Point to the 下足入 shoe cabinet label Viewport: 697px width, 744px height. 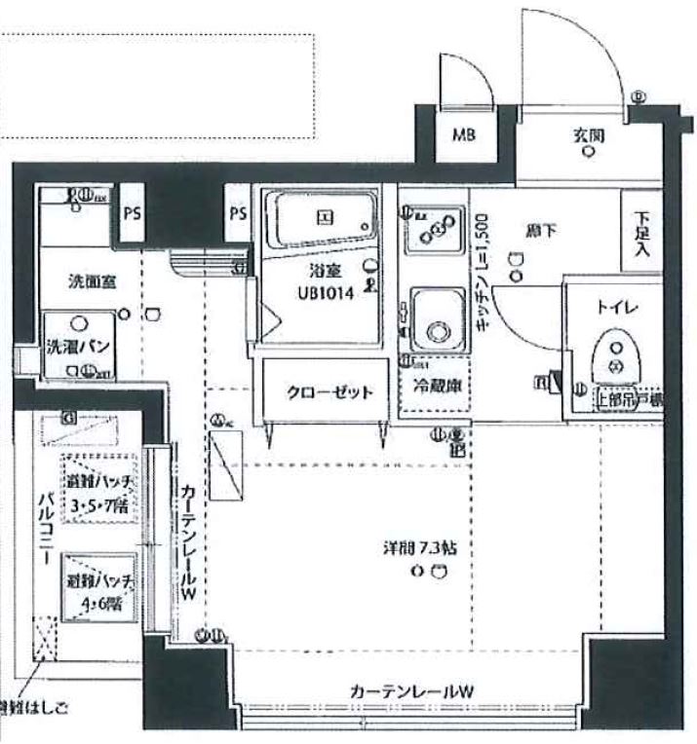tap(641, 234)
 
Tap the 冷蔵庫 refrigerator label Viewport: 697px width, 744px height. tap(434, 385)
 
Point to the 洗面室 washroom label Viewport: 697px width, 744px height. tap(92, 282)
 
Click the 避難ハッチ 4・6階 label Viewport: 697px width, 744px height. tap(99, 590)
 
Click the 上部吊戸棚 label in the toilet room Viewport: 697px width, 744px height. tap(631, 396)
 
